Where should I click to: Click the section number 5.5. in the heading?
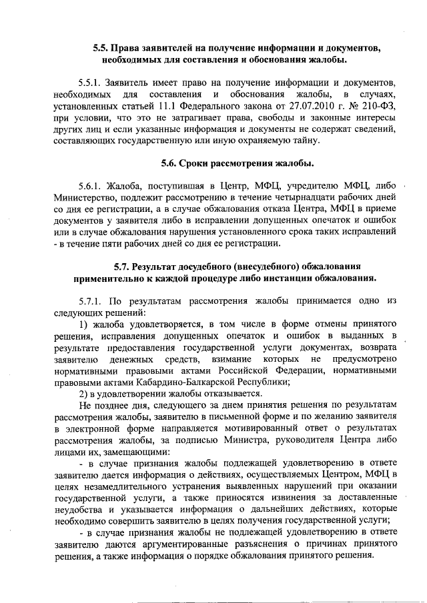102,48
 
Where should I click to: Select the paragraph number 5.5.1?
91,83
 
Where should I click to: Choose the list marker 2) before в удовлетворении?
83,393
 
